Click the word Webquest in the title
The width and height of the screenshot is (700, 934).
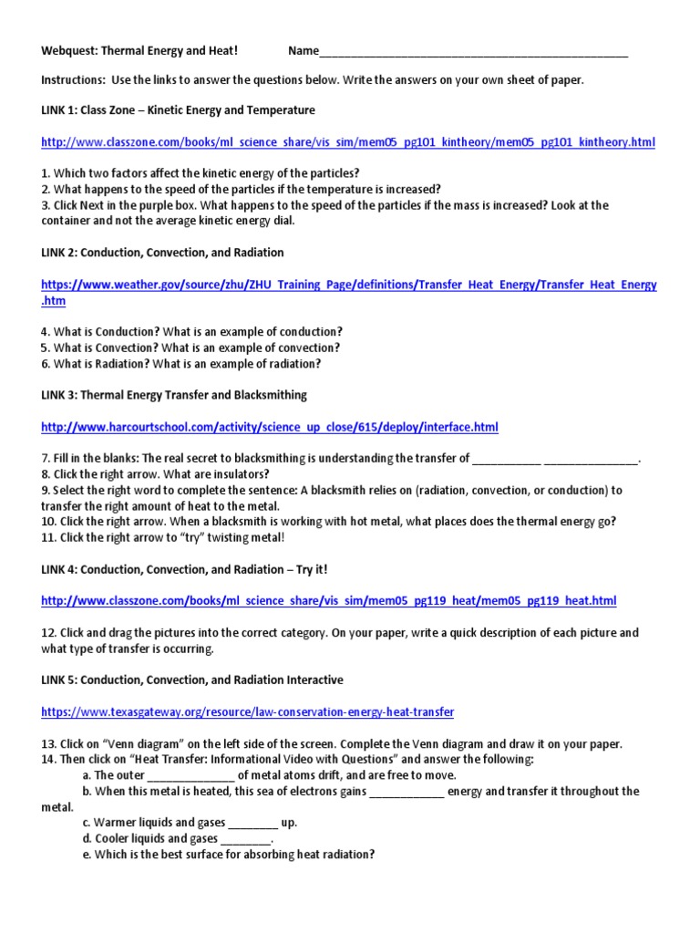click(70, 50)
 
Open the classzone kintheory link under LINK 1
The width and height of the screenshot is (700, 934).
click(347, 143)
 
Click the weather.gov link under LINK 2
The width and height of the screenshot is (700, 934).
click(349, 285)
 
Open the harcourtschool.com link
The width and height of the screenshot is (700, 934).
click(270, 427)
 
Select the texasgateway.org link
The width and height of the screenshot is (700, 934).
click(248, 711)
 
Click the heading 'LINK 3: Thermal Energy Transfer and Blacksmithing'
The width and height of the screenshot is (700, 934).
click(174, 395)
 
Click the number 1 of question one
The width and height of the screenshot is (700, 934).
click(45, 173)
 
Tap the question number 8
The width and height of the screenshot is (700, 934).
click(45, 474)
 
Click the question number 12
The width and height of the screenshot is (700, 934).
click(48, 633)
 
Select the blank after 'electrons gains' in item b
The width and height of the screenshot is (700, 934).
click(407, 792)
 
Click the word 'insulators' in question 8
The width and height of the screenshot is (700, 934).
click(239, 474)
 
